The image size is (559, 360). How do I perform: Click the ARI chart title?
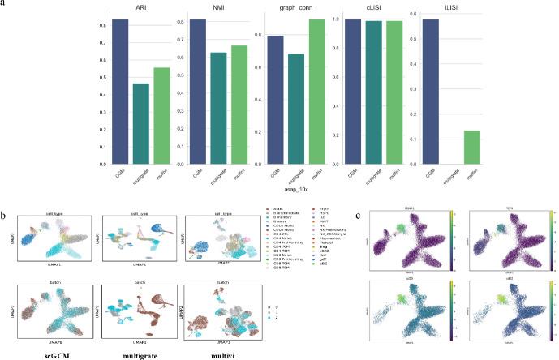141,6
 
